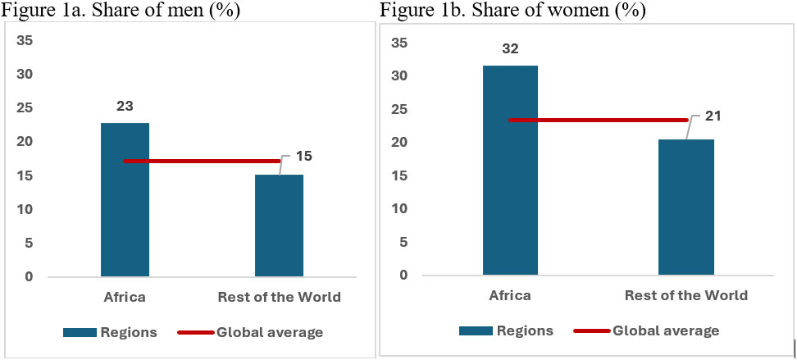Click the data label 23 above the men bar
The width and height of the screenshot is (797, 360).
(x=125, y=106)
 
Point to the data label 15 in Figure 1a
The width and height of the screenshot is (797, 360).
(x=303, y=156)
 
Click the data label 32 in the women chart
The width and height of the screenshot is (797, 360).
(x=510, y=48)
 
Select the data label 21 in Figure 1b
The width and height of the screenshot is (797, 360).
(x=712, y=117)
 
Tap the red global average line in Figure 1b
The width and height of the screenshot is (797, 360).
(x=598, y=121)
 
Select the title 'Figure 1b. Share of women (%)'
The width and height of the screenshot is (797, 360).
(x=512, y=11)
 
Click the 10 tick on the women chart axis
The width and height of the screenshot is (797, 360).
(x=398, y=208)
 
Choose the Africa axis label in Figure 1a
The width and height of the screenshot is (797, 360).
(x=125, y=297)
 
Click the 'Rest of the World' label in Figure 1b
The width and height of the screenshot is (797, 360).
(x=685, y=295)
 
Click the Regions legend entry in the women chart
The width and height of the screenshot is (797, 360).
(x=506, y=330)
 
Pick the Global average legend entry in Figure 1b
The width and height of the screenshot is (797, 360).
(x=648, y=330)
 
